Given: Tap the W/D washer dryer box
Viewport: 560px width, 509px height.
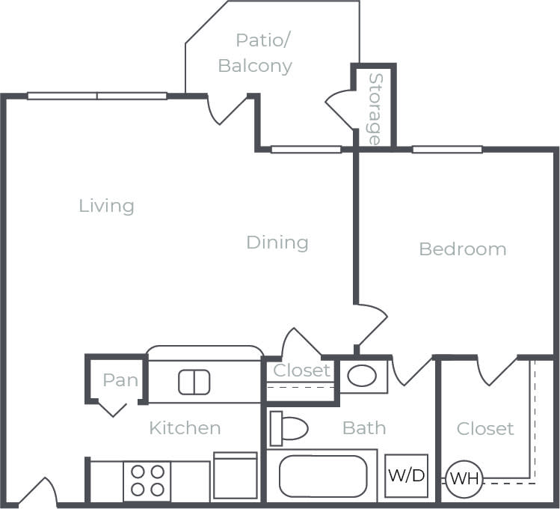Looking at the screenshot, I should (x=407, y=475).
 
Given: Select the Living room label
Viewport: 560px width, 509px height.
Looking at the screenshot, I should (x=107, y=205).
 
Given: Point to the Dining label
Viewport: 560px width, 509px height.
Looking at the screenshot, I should (x=277, y=242).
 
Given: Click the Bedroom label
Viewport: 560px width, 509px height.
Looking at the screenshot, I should (x=462, y=249).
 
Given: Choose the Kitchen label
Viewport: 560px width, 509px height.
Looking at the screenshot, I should (x=185, y=427).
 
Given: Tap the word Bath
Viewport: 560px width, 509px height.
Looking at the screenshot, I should (x=364, y=427).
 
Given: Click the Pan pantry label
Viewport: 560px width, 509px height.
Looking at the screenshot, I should (x=120, y=380).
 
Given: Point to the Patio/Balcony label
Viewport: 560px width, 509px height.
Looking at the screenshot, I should (x=255, y=52).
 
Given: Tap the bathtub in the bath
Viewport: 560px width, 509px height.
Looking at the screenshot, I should (x=323, y=475).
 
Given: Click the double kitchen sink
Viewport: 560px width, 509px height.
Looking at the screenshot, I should (x=194, y=382).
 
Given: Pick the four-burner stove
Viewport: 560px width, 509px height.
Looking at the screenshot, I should (x=147, y=480).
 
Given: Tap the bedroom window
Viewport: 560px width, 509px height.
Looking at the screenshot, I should (x=447, y=149).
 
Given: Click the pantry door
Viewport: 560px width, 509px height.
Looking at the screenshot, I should (x=113, y=409).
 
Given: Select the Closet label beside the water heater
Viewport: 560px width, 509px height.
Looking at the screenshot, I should (x=485, y=428).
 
